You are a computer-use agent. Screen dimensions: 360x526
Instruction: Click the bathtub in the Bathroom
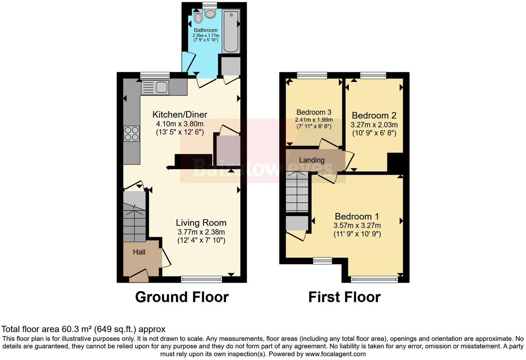231,31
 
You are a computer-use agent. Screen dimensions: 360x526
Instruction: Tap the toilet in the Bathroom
210,13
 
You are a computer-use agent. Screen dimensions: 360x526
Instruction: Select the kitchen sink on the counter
155,87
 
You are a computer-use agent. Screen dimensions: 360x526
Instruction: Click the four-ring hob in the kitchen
131,134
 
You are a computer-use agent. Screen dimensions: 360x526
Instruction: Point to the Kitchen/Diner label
180,115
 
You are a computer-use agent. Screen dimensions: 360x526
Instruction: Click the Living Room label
201,223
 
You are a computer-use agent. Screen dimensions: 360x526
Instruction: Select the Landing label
312,160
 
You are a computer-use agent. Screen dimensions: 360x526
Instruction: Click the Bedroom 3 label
314,112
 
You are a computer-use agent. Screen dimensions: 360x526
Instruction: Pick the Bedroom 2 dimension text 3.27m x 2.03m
374,125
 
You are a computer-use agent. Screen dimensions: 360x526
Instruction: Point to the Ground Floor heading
182,297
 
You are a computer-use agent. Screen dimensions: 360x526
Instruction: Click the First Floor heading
344,297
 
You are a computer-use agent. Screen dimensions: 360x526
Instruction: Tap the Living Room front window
201,279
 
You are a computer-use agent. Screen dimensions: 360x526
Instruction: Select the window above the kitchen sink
155,75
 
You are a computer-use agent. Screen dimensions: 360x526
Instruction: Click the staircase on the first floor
297,192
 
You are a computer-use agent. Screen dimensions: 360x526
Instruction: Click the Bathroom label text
206,30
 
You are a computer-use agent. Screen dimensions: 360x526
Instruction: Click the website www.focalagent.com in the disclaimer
335,354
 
